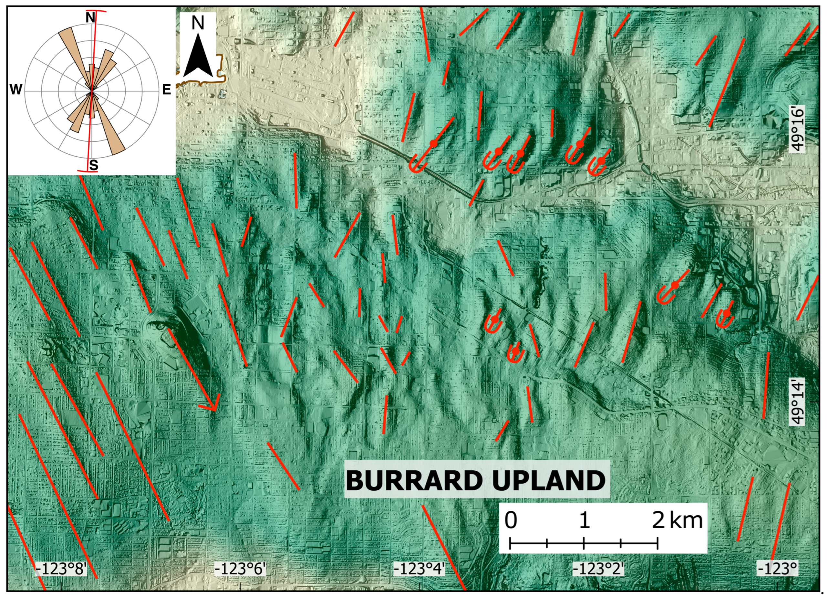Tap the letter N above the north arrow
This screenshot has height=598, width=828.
[x=198, y=23]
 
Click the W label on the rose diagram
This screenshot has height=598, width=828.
[x=16, y=89]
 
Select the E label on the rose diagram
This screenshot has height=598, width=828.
[x=167, y=89]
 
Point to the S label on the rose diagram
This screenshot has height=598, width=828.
[x=94, y=165]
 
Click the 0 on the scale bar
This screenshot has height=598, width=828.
[x=511, y=520]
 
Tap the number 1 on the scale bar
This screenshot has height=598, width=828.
[x=584, y=520]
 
